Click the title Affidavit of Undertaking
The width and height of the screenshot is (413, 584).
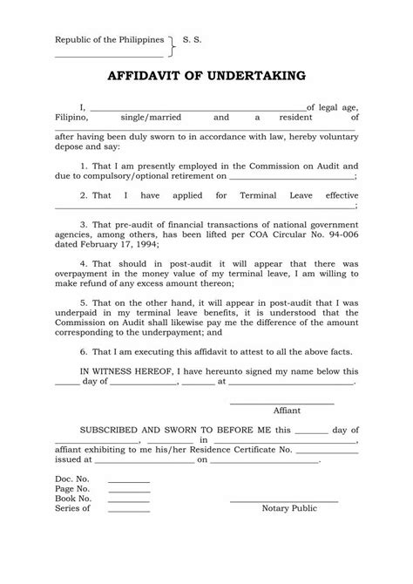pos(206,76)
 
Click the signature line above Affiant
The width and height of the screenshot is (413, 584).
pos(281,403)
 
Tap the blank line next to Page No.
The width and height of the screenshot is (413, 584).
pos(128,491)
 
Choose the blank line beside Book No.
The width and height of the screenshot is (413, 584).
pos(128,500)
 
